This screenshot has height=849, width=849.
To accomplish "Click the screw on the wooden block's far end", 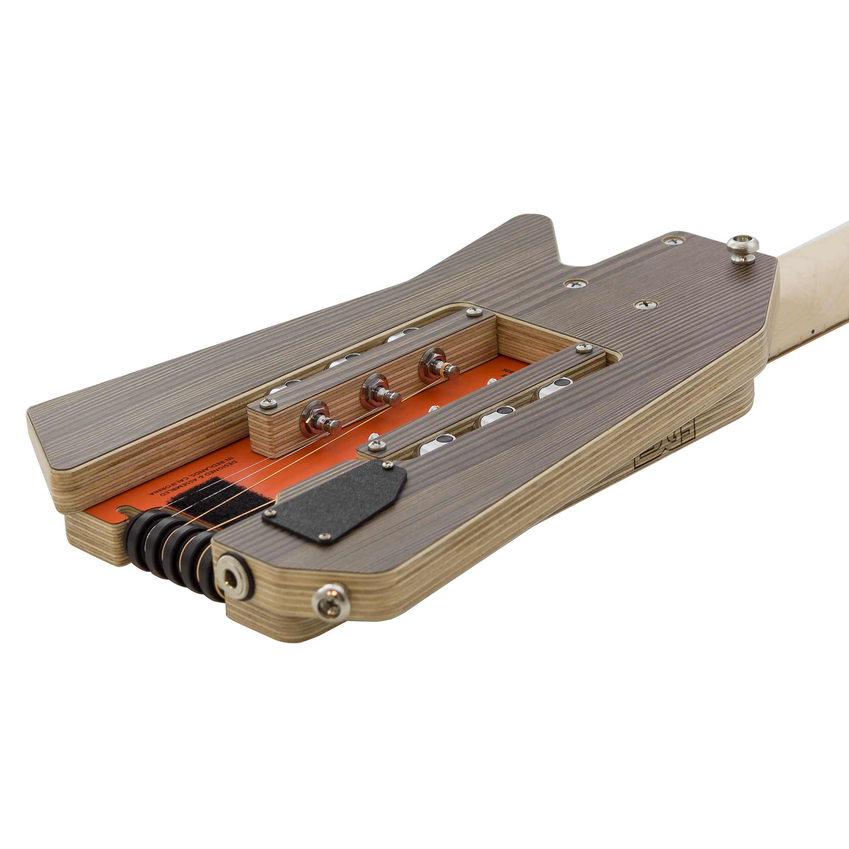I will (x=473, y=313).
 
